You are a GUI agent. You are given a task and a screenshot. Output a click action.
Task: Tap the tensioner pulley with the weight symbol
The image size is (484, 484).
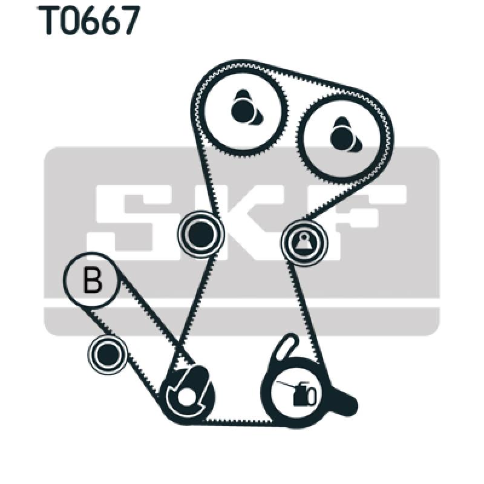click(304, 243)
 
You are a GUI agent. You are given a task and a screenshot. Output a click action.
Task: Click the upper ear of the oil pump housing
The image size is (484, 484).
click(287, 347)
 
